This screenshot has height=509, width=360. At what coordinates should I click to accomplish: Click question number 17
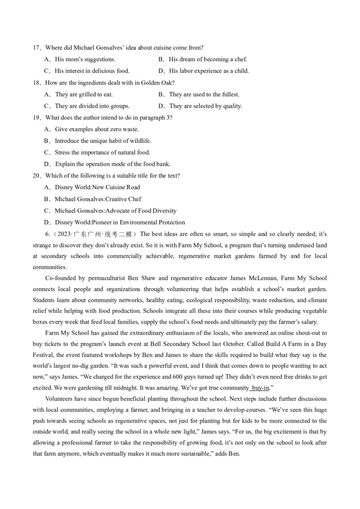coord(36,48)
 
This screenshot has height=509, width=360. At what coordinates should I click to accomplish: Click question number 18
coord(36,83)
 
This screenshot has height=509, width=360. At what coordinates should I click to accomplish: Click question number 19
coord(36,118)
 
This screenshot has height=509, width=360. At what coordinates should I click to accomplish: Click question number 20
coord(36,176)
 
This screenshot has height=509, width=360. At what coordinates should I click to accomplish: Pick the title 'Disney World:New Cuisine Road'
coord(97,188)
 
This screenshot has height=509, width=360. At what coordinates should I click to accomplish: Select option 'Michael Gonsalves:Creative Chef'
coord(98,199)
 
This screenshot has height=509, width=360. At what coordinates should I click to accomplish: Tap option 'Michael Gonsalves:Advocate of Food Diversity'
coord(116,211)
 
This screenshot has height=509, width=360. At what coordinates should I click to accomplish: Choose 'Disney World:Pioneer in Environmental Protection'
coord(120,223)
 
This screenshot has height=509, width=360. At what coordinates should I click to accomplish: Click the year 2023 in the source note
coord(64,234)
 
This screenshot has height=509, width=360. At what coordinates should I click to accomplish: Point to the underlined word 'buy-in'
coord(260,388)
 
